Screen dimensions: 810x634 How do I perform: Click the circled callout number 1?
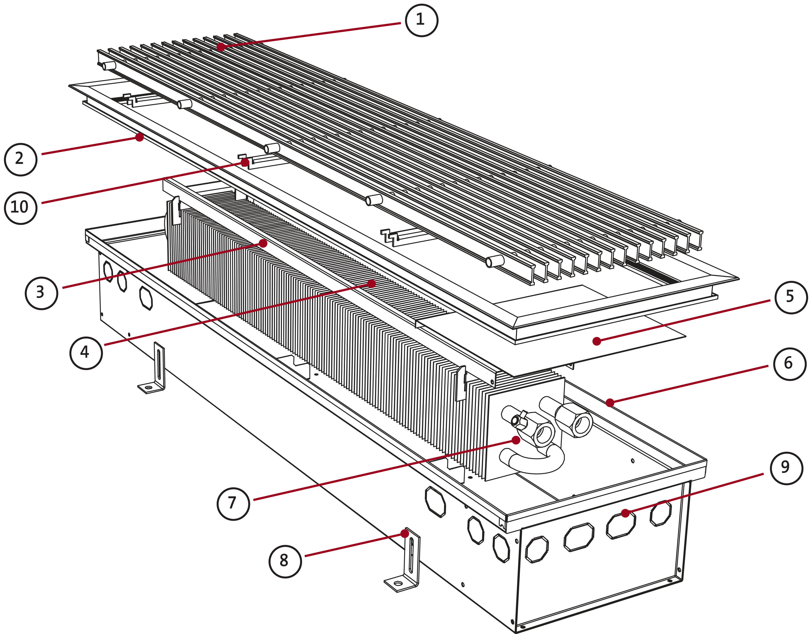coord(421,20)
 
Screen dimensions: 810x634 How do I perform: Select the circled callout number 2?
coord(21,160)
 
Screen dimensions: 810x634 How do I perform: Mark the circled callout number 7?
coord(233,504)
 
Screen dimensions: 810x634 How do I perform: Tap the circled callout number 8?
coord(285,561)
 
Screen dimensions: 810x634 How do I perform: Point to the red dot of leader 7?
coord(516,440)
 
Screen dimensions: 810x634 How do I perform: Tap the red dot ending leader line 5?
coord(597,341)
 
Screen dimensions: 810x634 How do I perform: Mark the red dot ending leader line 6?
coord(610,402)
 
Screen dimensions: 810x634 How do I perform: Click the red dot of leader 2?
coord(139,137)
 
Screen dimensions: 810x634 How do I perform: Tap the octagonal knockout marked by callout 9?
coord(621,525)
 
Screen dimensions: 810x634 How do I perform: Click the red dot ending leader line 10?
coord(245,163)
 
